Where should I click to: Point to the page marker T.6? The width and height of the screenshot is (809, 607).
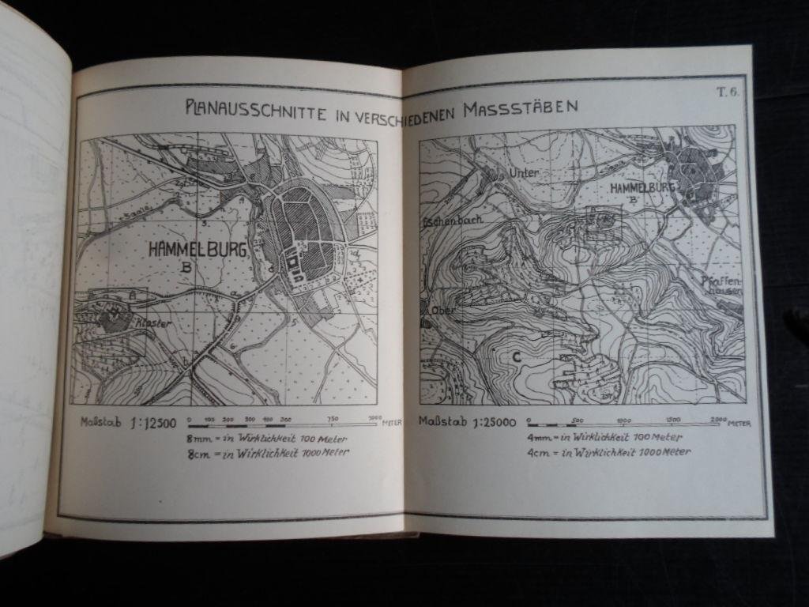(726, 92)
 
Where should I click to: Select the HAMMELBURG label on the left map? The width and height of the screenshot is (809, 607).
(198, 250)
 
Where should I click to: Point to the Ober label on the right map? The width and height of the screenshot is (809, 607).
(441, 311)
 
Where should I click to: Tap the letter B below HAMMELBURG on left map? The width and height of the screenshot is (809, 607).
(186, 269)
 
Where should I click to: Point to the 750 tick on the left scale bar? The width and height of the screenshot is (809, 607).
(332, 420)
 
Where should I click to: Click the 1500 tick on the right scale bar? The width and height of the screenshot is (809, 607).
(672, 420)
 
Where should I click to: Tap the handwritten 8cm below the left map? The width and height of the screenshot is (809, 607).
(198, 454)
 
